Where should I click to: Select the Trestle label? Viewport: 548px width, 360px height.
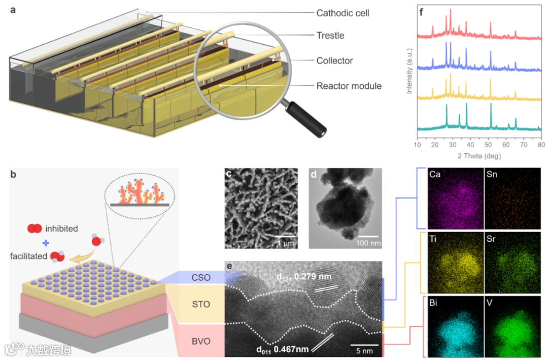click(330, 35)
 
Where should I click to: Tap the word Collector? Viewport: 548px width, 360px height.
click(334, 60)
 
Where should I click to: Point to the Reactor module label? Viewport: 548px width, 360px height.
click(349, 86)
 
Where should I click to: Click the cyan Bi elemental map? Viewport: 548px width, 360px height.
click(455, 326)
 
